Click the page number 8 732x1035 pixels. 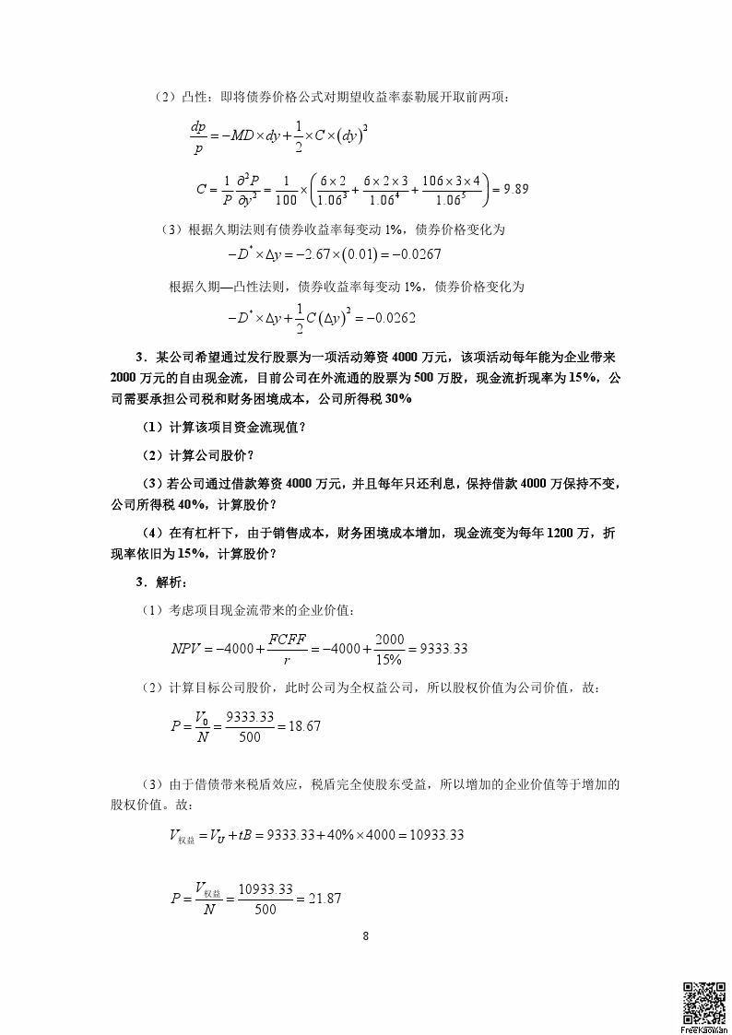click(x=366, y=936)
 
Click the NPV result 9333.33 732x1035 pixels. click(x=443, y=649)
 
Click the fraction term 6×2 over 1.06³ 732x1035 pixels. click(x=331, y=189)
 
